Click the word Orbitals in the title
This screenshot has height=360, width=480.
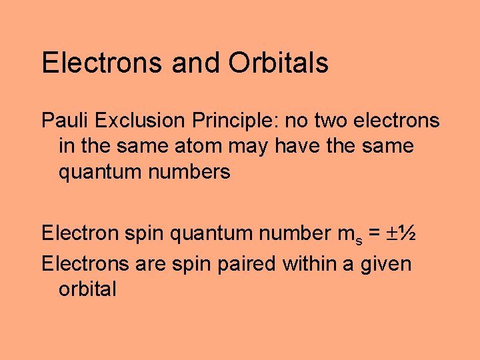(x=279, y=63)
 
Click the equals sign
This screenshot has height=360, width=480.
(x=373, y=233)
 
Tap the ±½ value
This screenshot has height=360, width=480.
(x=402, y=233)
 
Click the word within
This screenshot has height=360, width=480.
(x=310, y=263)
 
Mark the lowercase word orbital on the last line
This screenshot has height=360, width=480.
(x=87, y=289)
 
